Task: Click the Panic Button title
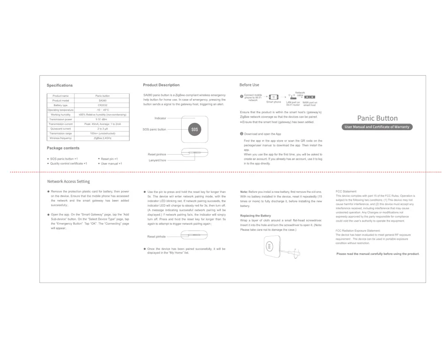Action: point(377,118)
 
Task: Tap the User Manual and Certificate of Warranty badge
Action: point(377,127)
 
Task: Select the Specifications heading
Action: point(60,85)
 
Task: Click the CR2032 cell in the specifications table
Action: point(103,105)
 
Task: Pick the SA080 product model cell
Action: point(103,100)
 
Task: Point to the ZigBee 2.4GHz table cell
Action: point(103,138)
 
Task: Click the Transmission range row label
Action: point(61,134)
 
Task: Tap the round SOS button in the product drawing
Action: point(195,129)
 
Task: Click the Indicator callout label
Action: point(160,118)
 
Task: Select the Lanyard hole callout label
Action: point(157,160)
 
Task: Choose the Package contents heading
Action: point(63,148)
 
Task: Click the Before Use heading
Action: point(249,85)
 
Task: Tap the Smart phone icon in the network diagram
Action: point(274,97)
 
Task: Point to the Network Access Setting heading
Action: point(69,181)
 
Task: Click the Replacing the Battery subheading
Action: point(255,215)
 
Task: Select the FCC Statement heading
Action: point(346,191)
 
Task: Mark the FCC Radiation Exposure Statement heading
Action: point(358,231)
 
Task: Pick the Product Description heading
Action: point(161,85)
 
